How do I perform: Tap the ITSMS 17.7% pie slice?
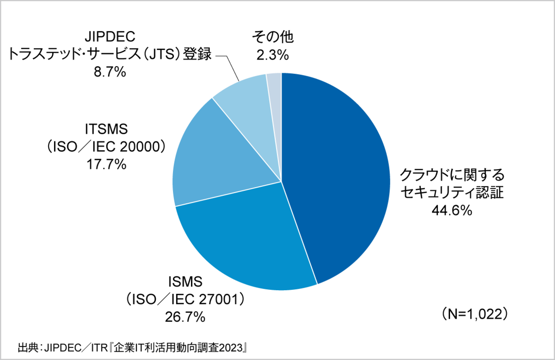217,157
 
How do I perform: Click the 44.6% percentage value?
451,211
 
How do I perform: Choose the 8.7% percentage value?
110,72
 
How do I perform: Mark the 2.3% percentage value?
273,55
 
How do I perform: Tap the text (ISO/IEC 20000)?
106,146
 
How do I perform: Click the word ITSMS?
106,128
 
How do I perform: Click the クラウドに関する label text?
451,175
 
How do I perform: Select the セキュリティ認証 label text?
451,193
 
